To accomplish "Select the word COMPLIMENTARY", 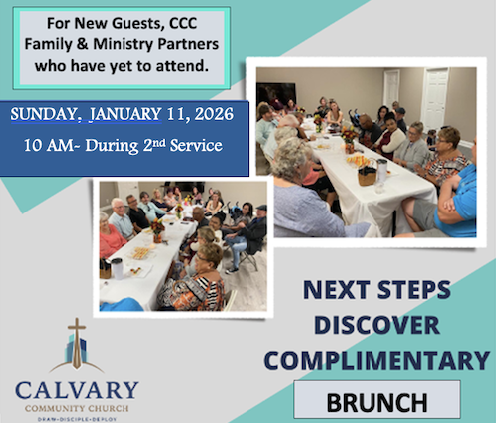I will tap(383, 360).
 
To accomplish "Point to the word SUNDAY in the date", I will tap(47, 114).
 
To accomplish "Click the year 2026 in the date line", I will tap(212, 114).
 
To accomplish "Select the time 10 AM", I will tap(50, 146).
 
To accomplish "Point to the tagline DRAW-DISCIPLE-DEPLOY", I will tap(77, 416).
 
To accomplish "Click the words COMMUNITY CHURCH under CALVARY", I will tap(77, 405).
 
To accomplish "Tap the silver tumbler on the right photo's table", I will tap(381, 171).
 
